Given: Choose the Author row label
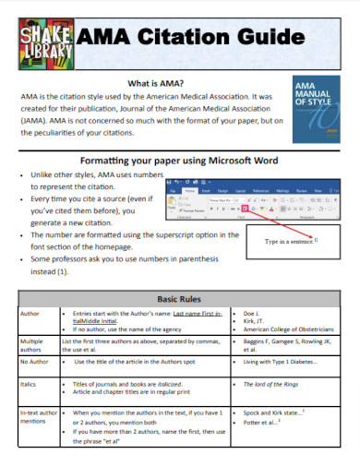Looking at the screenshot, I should (x=30, y=316).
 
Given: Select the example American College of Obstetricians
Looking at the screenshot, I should (x=287, y=330).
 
